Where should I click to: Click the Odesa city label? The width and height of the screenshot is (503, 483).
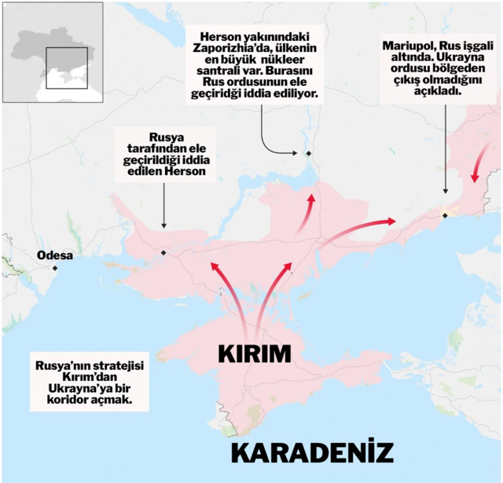click(x=54, y=256)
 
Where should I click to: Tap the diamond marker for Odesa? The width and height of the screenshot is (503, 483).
click(x=55, y=268)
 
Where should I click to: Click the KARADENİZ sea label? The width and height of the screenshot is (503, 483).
click(x=313, y=453)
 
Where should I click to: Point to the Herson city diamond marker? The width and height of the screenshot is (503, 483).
click(x=163, y=252)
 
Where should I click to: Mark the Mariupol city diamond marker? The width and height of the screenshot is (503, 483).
click(x=445, y=214)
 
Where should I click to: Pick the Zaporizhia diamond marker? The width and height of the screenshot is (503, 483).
click(x=309, y=153)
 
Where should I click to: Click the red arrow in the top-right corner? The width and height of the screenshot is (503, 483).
click(x=476, y=168)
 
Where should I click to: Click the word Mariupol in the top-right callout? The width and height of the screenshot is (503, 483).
click(x=410, y=45)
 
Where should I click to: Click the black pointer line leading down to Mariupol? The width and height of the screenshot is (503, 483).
click(x=446, y=149)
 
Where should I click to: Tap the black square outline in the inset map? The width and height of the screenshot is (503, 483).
click(x=66, y=68)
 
